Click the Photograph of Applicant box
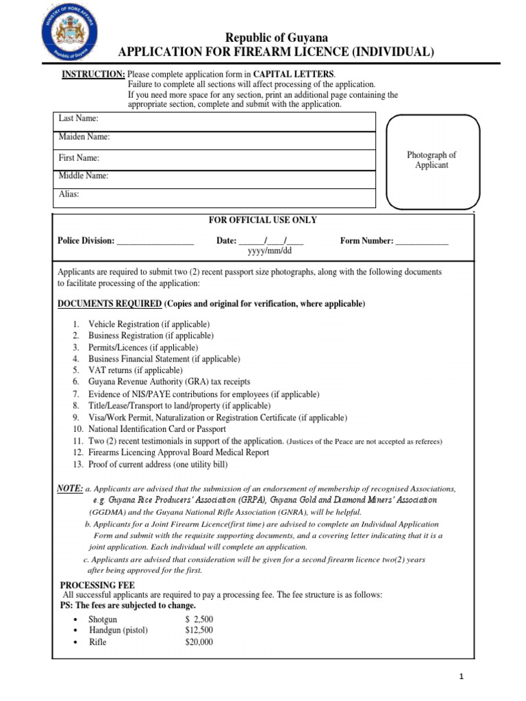pyautogui.click(x=431, y=161)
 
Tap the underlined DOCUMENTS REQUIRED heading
pyautogui.click(x=110, y=303)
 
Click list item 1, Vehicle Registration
pyautogui.click(x=149, y=324)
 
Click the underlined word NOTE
pyautogui.click(x=70, y=487)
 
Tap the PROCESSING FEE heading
pyautogui.click(x=98, y=585)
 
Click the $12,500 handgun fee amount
pyautogui.click(x=199, y=630)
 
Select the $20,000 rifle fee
pyautogui.click(x=199, y=642)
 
